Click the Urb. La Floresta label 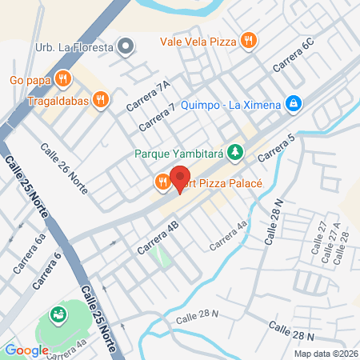coord(75,47)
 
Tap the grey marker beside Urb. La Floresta coord(125,46)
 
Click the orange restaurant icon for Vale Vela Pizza coord(250,38)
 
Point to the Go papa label coord(30,78)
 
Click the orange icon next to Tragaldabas coord(100,99)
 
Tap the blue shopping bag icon coord(294,103)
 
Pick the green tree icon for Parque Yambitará coord(234,150)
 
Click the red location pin coord(180,180)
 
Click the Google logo coord(27,350)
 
